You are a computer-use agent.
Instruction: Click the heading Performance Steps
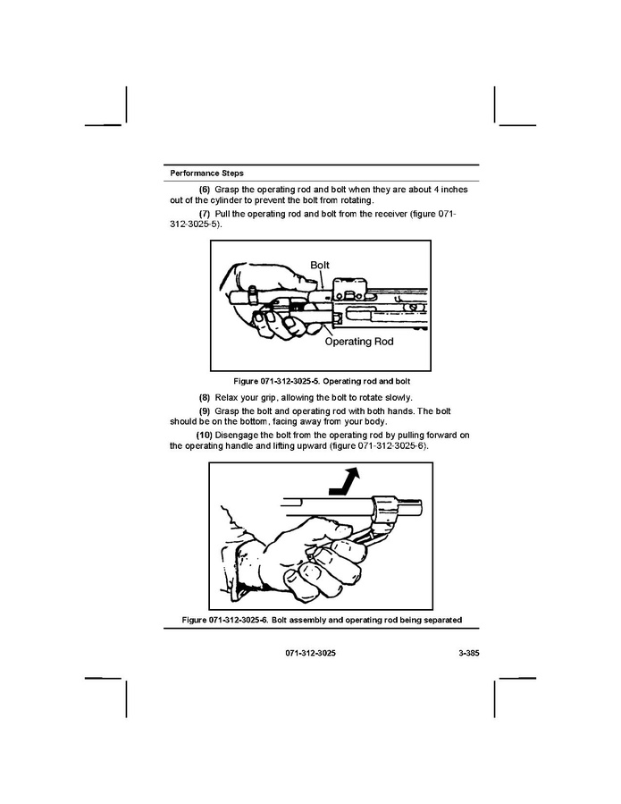[206, 173]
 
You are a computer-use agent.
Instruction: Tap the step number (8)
[205, 397]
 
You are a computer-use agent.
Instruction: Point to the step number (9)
[205, 410]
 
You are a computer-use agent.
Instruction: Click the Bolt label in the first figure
[320, 266]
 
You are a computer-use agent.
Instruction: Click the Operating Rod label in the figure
[358, 341]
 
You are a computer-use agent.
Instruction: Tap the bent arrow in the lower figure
[344, 480]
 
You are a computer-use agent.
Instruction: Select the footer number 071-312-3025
[311, 654]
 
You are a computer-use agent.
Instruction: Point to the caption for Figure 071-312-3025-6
[321, 620]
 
